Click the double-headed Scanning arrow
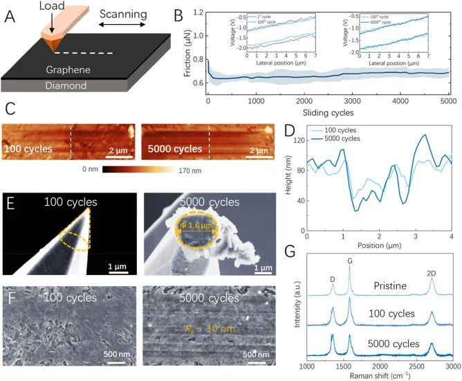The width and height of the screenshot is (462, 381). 124,24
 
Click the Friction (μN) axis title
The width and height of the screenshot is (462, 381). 181,48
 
